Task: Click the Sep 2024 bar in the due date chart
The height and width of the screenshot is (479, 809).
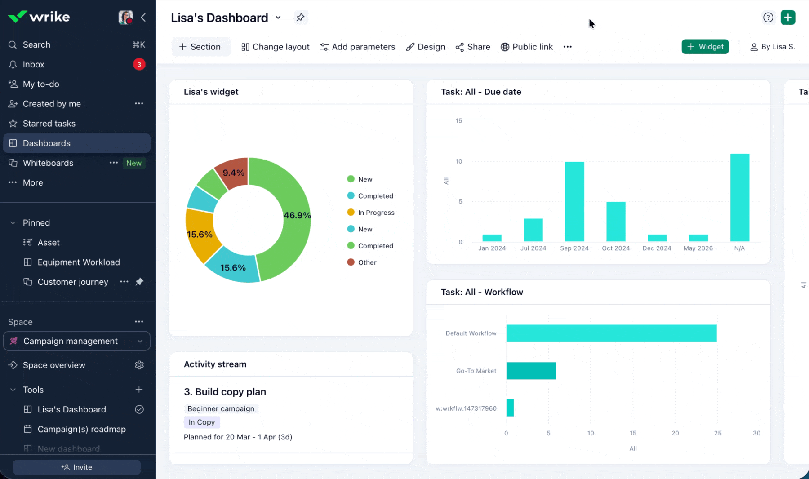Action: [x=574, y=202]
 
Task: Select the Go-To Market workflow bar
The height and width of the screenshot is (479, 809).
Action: [x=531, y=371]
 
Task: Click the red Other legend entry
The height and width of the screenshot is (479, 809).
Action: [x=362, y=262]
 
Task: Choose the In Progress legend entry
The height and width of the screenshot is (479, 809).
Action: [x=371, y=213]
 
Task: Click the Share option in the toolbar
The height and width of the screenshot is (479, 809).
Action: [x=473, y=47]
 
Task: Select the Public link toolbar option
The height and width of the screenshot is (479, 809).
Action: [x=527, y=47]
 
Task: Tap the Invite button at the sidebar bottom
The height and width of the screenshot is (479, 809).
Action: [x=77, y=467]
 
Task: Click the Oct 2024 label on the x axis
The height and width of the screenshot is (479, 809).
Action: [x=616, y=248]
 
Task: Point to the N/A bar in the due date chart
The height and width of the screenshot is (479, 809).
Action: [x=740, y=198]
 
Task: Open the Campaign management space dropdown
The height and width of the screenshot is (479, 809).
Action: [x=77, y=341]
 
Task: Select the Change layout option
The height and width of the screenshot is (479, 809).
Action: [x=276, y=47]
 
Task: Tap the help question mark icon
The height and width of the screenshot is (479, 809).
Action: [x=768, y=18]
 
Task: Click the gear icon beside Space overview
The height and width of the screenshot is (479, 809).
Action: [x=139, y=365]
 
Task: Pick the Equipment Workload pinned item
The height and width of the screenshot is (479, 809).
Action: [x=79, y=262]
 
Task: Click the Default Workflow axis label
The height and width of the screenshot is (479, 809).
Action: [x=471, y=333]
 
